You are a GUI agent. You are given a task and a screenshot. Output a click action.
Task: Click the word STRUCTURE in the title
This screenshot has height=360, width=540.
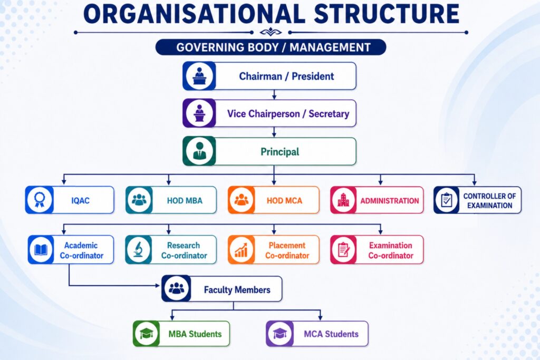point(387,14)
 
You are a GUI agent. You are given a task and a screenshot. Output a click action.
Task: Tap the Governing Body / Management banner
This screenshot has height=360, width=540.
point(271,47)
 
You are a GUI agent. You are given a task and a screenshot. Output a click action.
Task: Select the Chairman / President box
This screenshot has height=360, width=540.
point(269,76)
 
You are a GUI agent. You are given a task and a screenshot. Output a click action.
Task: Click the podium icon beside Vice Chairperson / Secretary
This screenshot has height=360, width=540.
point(199,113)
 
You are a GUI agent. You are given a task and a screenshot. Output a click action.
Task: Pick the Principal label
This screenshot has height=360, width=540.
point(279,152)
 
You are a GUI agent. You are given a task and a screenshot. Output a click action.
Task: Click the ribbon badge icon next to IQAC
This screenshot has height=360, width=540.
point(40,200)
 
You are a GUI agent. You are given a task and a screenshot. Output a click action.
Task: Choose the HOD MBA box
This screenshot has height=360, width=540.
point(171,200)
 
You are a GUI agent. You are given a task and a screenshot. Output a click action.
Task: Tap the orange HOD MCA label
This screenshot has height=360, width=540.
point(284,201)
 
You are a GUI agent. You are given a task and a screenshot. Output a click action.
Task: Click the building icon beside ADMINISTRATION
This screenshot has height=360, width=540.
point(343,200)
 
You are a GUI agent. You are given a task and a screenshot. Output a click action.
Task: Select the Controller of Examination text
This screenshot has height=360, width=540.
point(489,201)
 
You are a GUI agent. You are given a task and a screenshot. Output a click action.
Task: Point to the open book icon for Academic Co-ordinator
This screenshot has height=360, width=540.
point(41,250)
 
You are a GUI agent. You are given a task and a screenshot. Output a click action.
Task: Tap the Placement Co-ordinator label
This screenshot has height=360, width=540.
point(287,250)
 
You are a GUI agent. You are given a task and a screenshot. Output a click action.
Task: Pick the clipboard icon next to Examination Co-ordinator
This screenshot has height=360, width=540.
point(343,250)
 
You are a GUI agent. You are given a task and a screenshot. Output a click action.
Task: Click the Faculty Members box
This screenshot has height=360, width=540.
point(222,289)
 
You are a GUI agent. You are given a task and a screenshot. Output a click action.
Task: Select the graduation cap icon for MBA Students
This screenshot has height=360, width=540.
point(147,334)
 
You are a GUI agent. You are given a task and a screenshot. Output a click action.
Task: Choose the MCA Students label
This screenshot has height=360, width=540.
point(331,334)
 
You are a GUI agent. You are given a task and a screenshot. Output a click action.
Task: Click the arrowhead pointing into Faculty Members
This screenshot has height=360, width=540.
point(158,285)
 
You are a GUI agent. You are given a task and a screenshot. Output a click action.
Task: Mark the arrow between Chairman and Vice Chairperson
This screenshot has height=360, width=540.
point(274,95)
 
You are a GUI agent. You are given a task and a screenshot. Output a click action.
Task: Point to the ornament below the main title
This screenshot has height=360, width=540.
point(271,32)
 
